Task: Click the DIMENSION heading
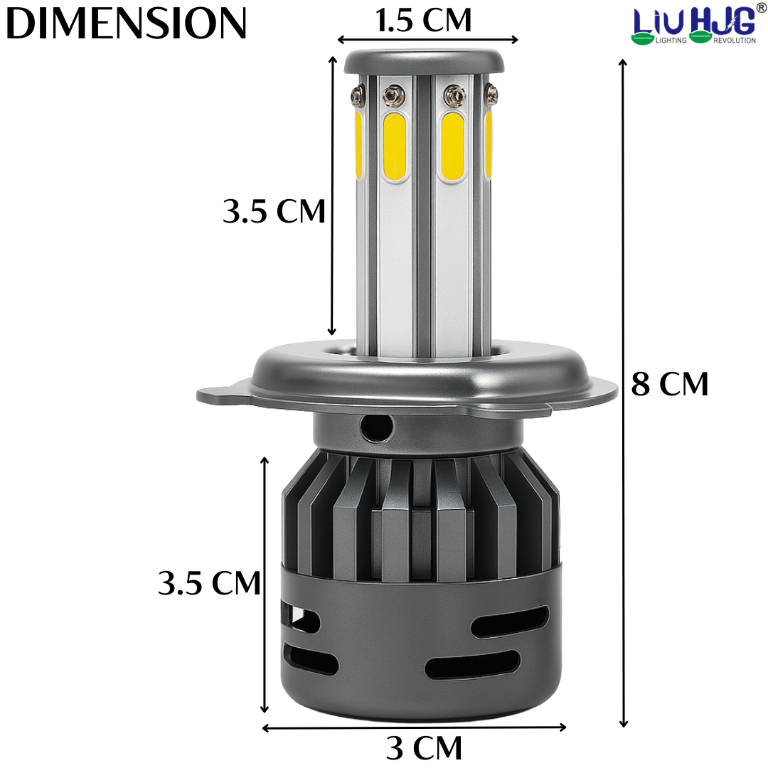(127, 23)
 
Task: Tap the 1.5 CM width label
(423, 21)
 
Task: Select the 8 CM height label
(670, 383)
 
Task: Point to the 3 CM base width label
(424, 748)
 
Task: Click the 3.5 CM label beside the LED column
(274, 211)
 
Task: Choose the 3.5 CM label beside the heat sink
(209, 583)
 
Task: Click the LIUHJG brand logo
(695, 23)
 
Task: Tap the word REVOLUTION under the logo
(734, 40)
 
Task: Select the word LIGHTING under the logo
(671, 40)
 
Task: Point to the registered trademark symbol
(762, 6)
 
